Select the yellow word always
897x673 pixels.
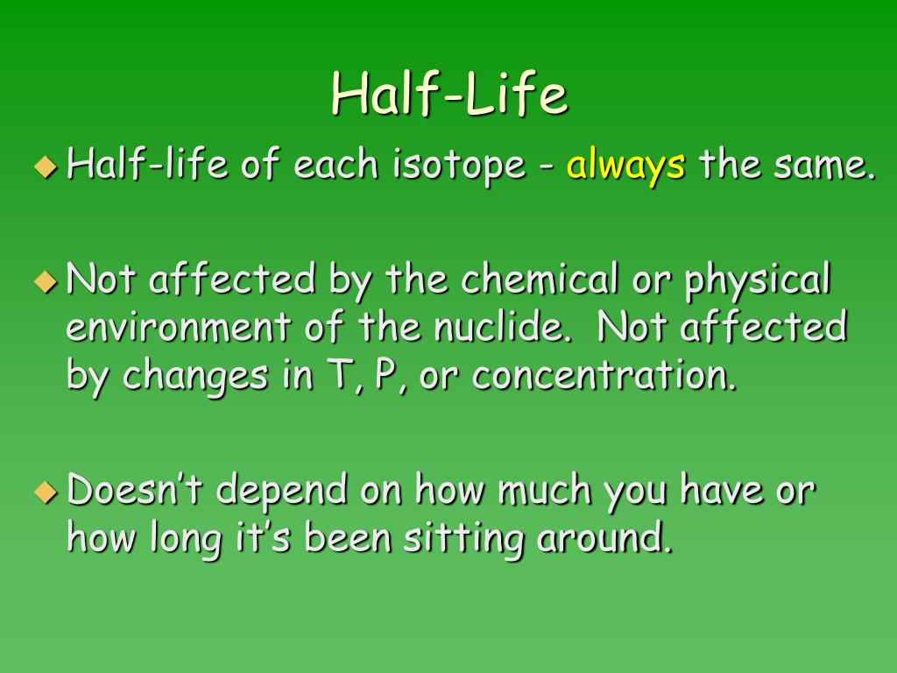625,165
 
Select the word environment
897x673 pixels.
178,329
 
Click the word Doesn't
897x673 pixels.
136,491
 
